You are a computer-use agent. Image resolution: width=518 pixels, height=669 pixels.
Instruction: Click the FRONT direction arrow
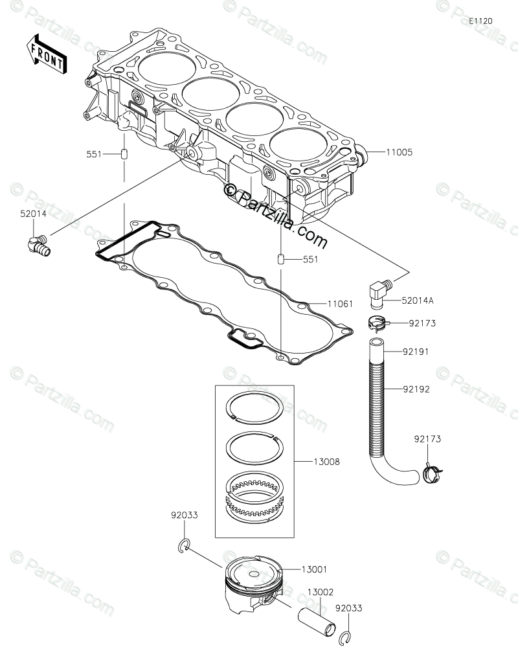tap(45, 54)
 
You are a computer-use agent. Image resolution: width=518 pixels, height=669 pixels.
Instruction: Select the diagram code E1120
tap(481, 21)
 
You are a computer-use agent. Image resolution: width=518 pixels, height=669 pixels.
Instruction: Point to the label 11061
tap(339, 303)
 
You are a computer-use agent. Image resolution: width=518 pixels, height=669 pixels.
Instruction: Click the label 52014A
tap(417, 300)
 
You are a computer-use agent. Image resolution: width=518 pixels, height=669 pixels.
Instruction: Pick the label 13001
tap(313, 569)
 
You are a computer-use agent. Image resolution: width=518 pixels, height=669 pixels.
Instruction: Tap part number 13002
tap(321, 592)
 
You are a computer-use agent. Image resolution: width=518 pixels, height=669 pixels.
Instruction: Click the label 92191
tap(416, 352)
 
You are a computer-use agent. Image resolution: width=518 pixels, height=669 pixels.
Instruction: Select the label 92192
tap(416, 390)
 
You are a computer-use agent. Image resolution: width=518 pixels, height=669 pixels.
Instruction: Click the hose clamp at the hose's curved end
tap(431, 473)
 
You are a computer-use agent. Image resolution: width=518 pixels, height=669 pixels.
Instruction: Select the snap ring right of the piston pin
tap(346, 639)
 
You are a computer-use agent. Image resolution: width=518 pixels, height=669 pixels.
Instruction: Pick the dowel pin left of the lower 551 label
tap(281, 260)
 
